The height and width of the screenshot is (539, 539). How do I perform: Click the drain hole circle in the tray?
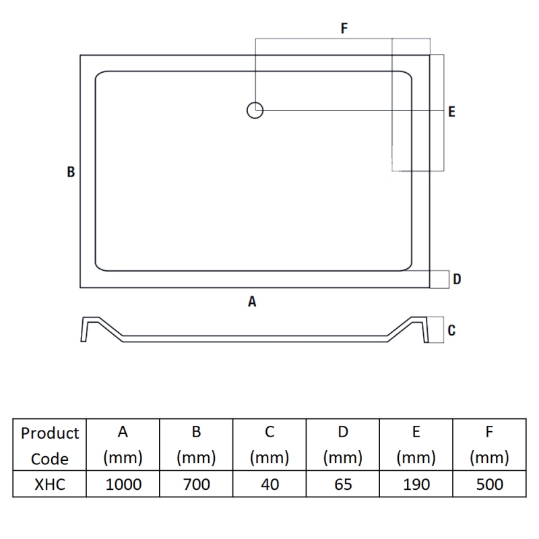255,110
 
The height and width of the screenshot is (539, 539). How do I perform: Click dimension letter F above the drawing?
344,28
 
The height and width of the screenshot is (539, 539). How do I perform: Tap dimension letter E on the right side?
451,112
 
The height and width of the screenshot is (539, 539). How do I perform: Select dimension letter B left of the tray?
71,172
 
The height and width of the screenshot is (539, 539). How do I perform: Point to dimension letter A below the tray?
252,302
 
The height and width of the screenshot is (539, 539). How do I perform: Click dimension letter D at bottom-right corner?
457,279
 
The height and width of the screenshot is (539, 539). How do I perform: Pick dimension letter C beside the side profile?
451,330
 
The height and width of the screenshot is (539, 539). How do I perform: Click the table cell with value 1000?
123,484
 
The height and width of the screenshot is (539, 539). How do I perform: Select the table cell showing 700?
196,484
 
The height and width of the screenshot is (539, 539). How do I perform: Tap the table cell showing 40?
269,484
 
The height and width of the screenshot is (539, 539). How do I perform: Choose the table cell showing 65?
343,484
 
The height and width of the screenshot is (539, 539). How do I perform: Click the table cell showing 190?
416,484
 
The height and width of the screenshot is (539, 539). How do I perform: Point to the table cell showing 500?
489,484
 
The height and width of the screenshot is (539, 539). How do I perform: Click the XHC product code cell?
50,484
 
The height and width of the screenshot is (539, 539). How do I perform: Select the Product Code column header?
50,445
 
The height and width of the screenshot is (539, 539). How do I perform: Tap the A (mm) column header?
123,445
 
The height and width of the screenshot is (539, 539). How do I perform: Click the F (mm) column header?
489,445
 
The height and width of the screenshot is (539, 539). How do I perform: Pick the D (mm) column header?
343,445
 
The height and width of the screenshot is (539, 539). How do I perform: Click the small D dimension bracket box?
440,279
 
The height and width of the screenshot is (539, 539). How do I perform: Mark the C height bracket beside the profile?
436,330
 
